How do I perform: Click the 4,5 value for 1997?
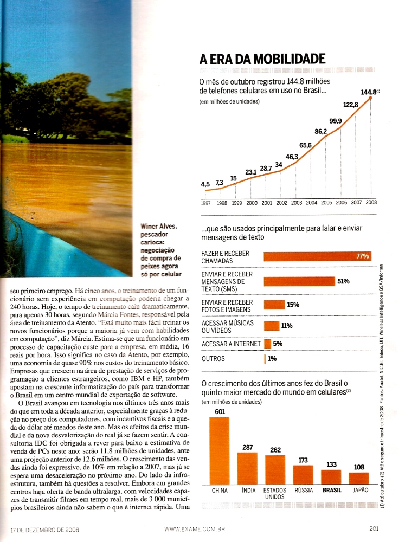click(205, 185)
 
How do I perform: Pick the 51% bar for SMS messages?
click(299, 281)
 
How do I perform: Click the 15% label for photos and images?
click(293, 305)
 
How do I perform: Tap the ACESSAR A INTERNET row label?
click(230, 344)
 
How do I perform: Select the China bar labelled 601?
click(219, 450)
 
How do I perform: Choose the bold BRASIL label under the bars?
click(332, 490)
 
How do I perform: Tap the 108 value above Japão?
click(359, 467)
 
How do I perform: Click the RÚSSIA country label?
click(304, 490)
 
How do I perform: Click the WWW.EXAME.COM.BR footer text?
click(194, 530)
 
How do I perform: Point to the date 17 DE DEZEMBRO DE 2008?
click(45, 530)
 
